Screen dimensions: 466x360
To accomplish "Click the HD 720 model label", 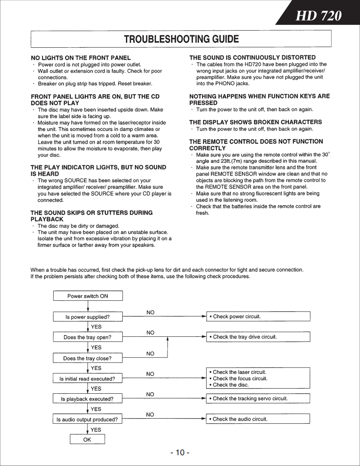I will coord(318,16).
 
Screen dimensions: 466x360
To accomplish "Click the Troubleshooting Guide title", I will coord(181,39).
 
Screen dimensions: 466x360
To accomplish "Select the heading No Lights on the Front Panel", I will coord(81,58).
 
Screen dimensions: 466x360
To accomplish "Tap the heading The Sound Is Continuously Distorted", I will coord(252,57).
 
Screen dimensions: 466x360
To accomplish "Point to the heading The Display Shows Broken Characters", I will coord(255,122).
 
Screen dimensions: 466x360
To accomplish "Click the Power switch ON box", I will coord(88,296).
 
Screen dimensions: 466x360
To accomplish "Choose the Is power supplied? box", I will coord(88,317).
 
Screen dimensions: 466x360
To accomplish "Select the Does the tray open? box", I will coord(88,337).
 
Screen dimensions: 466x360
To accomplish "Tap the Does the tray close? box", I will coord(88,358).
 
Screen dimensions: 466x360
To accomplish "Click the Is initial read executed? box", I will coord(88,379).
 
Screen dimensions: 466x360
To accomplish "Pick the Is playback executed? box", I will coord(88,399).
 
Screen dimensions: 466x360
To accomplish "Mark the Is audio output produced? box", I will coord(88,419).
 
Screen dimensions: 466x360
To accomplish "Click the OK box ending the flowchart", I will coord(87,440).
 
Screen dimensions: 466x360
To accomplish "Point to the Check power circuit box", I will coord(258,316).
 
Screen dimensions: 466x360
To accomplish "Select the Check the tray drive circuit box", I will coord(258,336).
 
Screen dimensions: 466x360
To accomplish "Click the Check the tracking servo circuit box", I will coord(258,399).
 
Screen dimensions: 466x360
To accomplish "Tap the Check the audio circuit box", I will coord(258,419).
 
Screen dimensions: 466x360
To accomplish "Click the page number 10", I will coord(180,453).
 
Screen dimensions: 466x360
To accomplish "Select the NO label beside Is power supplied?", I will coord(150,312).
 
